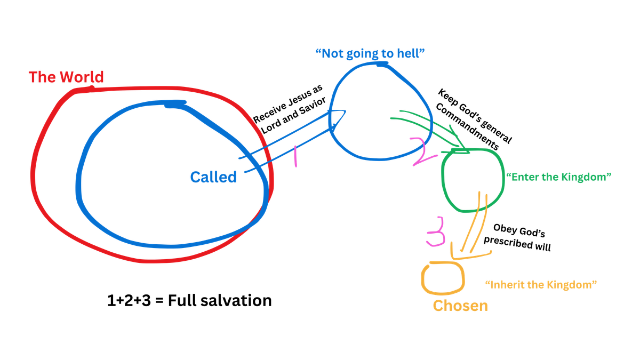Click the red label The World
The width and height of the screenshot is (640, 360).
click(66, 78)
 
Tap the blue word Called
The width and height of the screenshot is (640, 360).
click(213, 177)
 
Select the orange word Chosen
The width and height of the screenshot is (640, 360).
click(460, 306)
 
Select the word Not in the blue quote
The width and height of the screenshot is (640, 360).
click(329, 53)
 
